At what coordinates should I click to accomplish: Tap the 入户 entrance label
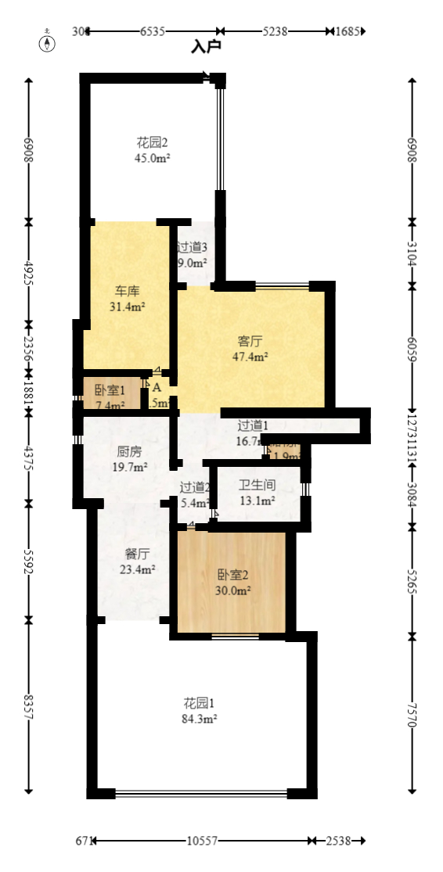(x=207, y=46)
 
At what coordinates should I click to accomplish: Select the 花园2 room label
(x=153, y=143)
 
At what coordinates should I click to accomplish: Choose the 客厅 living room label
(x=250, y=342)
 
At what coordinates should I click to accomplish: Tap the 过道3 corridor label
(x=192, y=248)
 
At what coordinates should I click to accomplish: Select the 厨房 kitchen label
(x=129, y=452)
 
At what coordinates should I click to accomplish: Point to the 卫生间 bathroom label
(x=257, y=485)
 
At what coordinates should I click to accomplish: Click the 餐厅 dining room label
(x=138, y=554)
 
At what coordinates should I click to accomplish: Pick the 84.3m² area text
(x=200, y=717)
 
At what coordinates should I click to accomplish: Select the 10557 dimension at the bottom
(x=202, y=841)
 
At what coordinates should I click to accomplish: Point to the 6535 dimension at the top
(x=153, y=32)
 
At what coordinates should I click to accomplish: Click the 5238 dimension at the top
(x=276, y=32)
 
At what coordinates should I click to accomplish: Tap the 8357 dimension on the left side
(x=29, y=708)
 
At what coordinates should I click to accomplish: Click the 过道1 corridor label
(x=253, y=425)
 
